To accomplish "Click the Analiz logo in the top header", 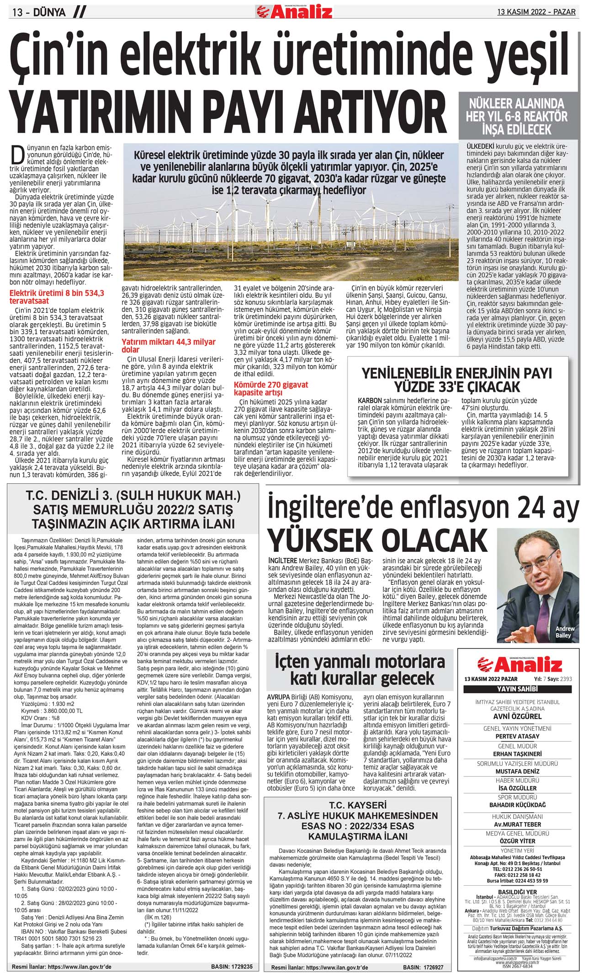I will tap(295, 11).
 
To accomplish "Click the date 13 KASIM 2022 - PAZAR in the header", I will tap(536, 12).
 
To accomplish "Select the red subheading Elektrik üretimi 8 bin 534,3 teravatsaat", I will tap(57, 297).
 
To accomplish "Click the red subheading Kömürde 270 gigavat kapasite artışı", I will tap(271, 388).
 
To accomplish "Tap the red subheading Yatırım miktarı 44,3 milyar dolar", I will tap(168, 346).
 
